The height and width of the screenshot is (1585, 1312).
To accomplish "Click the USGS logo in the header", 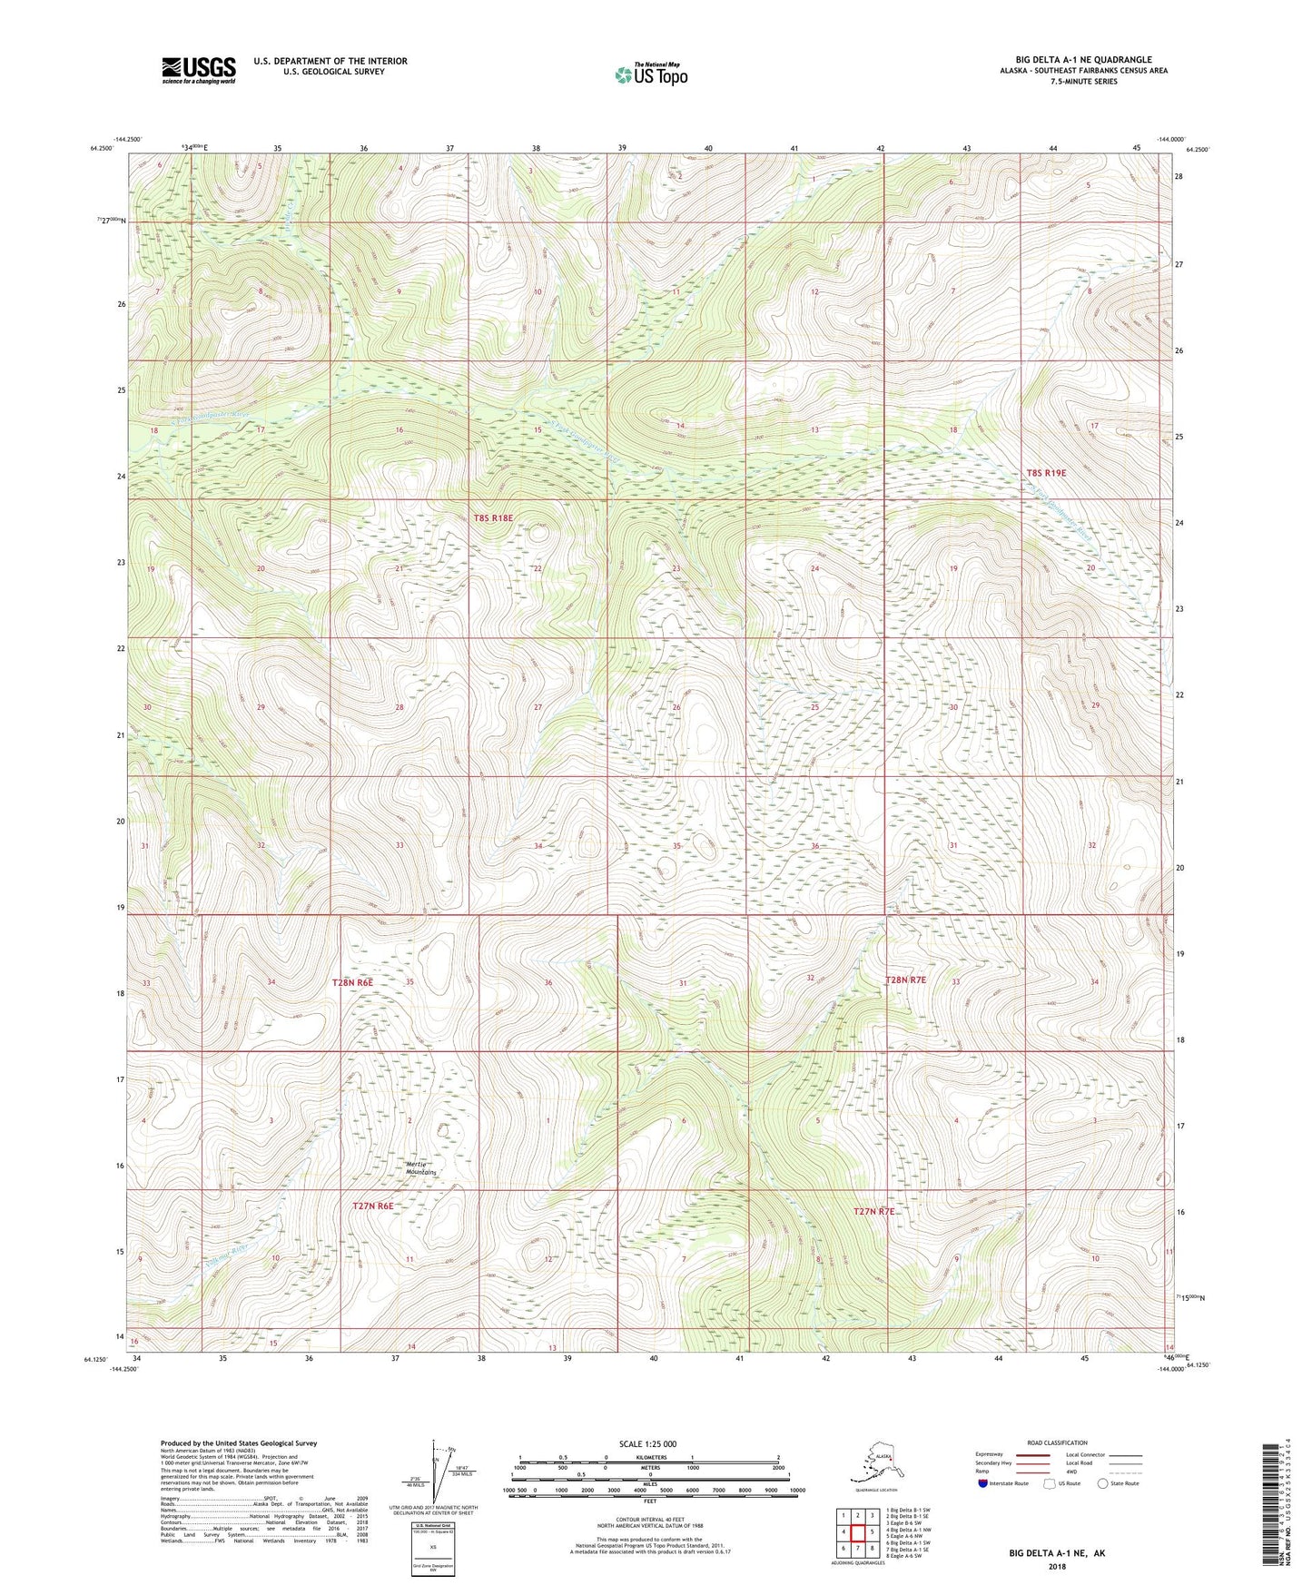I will [x=198, y=70].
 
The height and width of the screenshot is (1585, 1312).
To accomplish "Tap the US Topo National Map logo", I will [x=650, y=74].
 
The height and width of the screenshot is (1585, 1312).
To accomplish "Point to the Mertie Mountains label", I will [x=420, y=1168].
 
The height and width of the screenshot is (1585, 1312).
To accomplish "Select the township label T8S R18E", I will [x=493, y=518].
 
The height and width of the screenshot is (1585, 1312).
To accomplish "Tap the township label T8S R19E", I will [x=1046, y=473].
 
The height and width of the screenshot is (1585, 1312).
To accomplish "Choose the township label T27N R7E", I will [x=873, y=1211].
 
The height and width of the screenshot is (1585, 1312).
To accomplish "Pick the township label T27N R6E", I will [x=372, y=1206].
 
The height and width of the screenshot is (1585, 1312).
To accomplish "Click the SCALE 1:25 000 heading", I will [x=649, y=1444].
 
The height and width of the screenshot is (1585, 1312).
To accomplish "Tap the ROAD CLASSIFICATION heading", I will [x=1058, y=1442].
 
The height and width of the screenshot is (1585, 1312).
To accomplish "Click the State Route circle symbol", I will [x=1103, y=1483].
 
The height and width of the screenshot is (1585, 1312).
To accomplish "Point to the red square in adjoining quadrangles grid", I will [x=857, y=1532].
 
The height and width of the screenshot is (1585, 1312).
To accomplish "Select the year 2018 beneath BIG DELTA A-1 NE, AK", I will [x=1056, y=1566].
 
